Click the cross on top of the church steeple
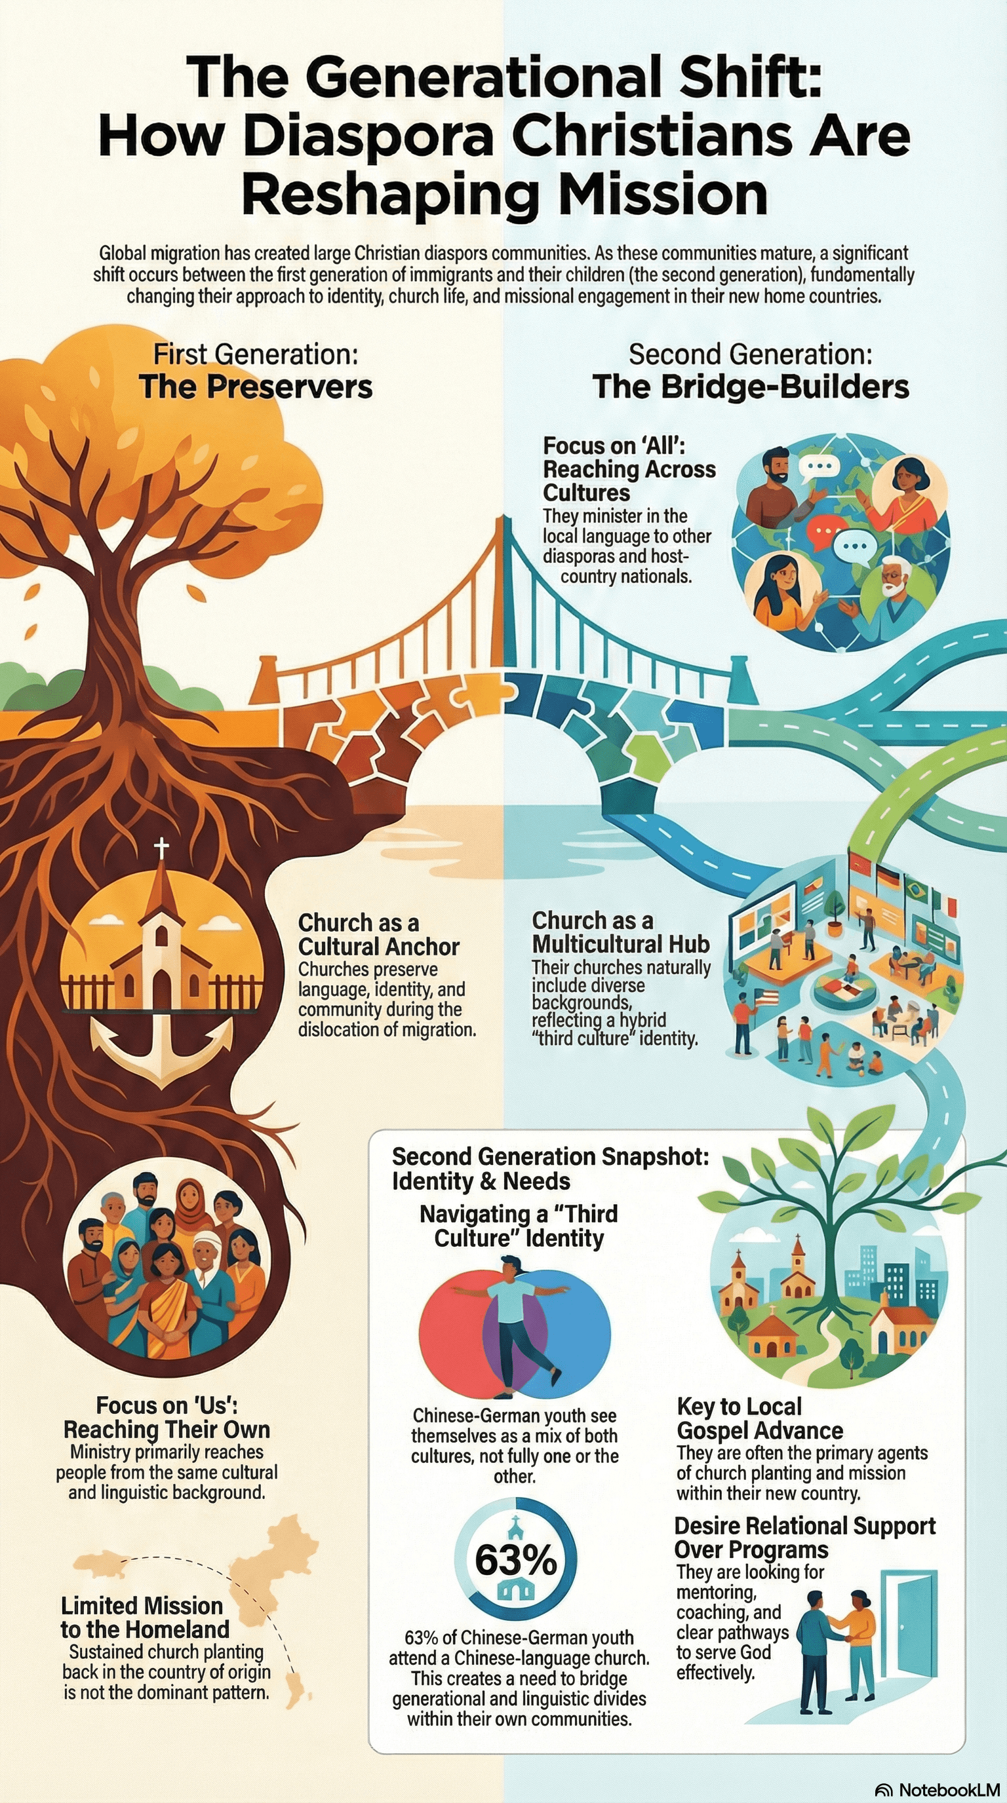click(162, 849)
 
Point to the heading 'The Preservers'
click(256, 387)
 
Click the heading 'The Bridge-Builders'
click(751, 387)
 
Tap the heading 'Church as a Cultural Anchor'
click(378, 934)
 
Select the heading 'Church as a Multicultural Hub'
click(620, 932)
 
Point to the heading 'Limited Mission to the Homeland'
click(144, 1617)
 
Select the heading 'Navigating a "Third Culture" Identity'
click(518, 1226)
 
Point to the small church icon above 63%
click(515, 1523)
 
